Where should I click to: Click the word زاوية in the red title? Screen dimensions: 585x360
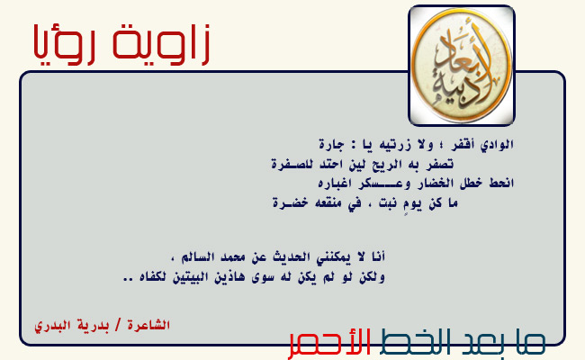tap(161, 44)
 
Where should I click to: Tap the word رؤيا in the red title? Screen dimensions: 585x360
tap(64, 45)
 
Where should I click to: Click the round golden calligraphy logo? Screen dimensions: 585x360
tap(462, 66)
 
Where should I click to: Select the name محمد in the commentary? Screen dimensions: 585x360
tap(232, 257)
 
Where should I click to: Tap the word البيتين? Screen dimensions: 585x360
tap(190, 277)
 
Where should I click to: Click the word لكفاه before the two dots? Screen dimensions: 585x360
tap(152, 277)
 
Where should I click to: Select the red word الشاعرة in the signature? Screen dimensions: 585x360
tap(148, 325)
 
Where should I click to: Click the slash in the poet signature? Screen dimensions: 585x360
tap(118, 325)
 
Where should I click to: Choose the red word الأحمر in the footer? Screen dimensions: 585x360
tap(329, 343)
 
